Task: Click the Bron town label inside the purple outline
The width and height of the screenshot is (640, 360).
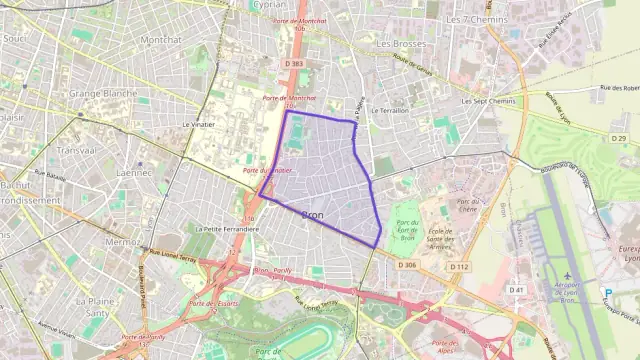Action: pyautogui.click(x=312, y=215)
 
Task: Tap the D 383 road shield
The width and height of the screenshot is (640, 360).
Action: pyautogui.click(x=293, y=63)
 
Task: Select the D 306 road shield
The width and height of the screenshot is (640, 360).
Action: pyautogui.click(x=407, y=265)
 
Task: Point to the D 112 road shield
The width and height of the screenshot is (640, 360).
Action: pyautogui.click(x=459, y=267)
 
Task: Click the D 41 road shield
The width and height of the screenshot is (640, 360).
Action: pyautogui.click(x=516, y=290)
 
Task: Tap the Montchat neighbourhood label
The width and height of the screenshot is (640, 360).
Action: pyautogui.click(x=160, y=40)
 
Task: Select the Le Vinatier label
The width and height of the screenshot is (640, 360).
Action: pyautogui.click(x=199, y=125)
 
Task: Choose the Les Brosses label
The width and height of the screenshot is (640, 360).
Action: pyautogui.click(x=397, y=44)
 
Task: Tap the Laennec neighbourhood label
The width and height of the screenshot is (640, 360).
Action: pyautogui.click(x=134, y=172)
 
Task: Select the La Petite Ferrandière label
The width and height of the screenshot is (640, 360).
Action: pyautogui.click(x=227, y=228)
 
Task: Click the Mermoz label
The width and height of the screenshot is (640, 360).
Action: pyautogui.click(x=122, y=241)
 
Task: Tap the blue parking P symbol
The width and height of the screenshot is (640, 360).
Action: pyautogui.click(x=608, y=293)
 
